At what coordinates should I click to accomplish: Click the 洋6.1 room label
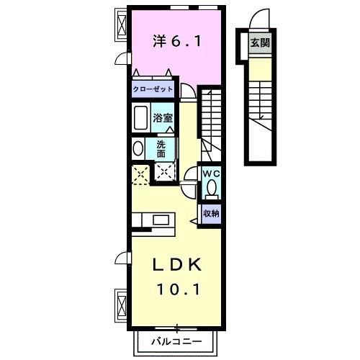coord(176,42)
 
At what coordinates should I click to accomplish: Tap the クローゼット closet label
coord(152,90)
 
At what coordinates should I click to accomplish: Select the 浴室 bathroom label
coord(161,117)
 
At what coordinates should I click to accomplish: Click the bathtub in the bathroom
coord(141,116)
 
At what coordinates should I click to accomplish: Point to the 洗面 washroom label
coord(161,148)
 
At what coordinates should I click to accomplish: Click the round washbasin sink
coord(138,148)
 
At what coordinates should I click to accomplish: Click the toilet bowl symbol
coord(211,189)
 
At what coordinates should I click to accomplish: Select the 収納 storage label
coord(210,213)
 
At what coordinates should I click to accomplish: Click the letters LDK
coord(176,266)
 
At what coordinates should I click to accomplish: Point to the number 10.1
coord(176,289)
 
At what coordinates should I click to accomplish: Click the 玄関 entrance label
coord(258,43)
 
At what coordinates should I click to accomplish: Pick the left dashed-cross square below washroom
coord(140,174)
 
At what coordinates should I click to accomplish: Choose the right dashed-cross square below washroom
coord(164,173)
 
